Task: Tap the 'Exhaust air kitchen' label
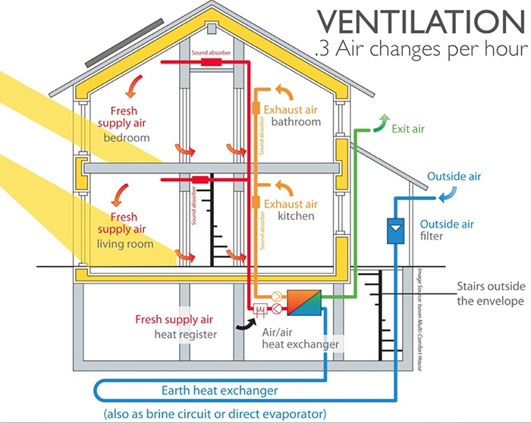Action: (291, 211)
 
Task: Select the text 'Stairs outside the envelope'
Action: (489, 295)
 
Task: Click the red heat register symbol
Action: (259, 309)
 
